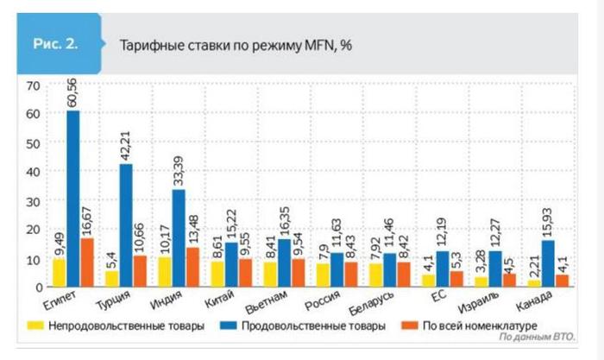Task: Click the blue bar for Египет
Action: click(x=73, y=199)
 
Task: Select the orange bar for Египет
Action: click(x=87, y=262)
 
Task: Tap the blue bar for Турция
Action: click(x=126, y=225)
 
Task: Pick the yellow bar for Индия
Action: click(x=165, y=271)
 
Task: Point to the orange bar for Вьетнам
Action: click(x=299, y=272)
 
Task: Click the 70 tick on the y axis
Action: click(x=33, y=85)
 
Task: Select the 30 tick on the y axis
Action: click(x=33, y=200)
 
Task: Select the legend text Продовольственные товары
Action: click(x=317, y=326)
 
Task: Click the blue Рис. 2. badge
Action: click(x=57, y=46)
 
